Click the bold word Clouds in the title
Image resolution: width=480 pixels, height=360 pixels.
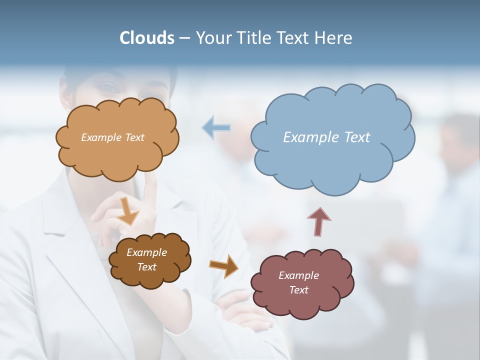(147, 38)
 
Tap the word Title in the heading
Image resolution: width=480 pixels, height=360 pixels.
(254, 38)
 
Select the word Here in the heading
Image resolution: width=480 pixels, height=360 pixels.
(334, 38)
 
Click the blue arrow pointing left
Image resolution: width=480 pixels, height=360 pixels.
(216, 127)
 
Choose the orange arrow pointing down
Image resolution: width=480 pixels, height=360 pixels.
(128, 210)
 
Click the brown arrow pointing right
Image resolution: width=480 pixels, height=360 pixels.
(224, 265)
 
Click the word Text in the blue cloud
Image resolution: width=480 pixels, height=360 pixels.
(357, 137)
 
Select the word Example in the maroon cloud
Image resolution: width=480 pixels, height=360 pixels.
(298, 275)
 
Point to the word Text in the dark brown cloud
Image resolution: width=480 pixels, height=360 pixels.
(147, 267)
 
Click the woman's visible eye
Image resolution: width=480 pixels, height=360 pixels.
(106, 87)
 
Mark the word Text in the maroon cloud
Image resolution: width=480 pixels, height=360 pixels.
(298, 290)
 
